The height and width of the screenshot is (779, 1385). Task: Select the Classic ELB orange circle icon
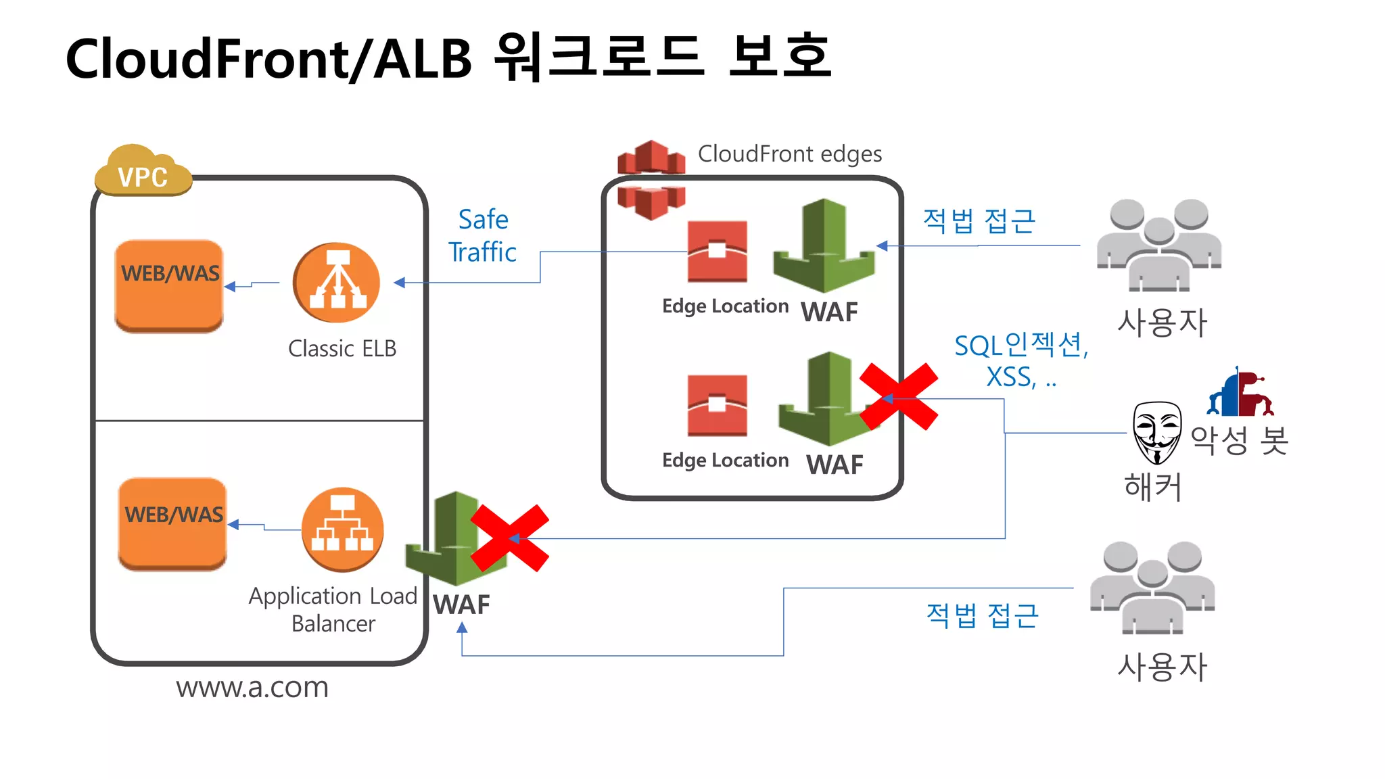336,283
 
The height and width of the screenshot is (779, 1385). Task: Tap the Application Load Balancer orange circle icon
342,529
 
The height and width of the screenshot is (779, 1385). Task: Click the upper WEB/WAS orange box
169,285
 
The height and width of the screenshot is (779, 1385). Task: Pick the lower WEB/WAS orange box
172,524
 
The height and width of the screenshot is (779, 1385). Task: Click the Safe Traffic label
483,235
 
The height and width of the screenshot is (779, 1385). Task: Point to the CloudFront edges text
789,154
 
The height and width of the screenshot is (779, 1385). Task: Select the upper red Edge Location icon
717,251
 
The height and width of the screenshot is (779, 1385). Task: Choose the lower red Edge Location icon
717,405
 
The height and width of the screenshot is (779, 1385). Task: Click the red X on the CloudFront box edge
899,397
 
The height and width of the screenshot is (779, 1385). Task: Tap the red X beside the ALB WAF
509,538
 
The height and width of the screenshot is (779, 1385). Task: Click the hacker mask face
1156,432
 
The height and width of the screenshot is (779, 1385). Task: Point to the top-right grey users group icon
1158,245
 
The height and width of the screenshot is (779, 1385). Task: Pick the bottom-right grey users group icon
1152,587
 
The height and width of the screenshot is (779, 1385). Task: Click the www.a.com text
252,688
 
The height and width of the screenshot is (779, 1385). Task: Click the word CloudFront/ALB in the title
268,59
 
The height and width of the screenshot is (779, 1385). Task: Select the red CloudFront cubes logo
651,179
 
